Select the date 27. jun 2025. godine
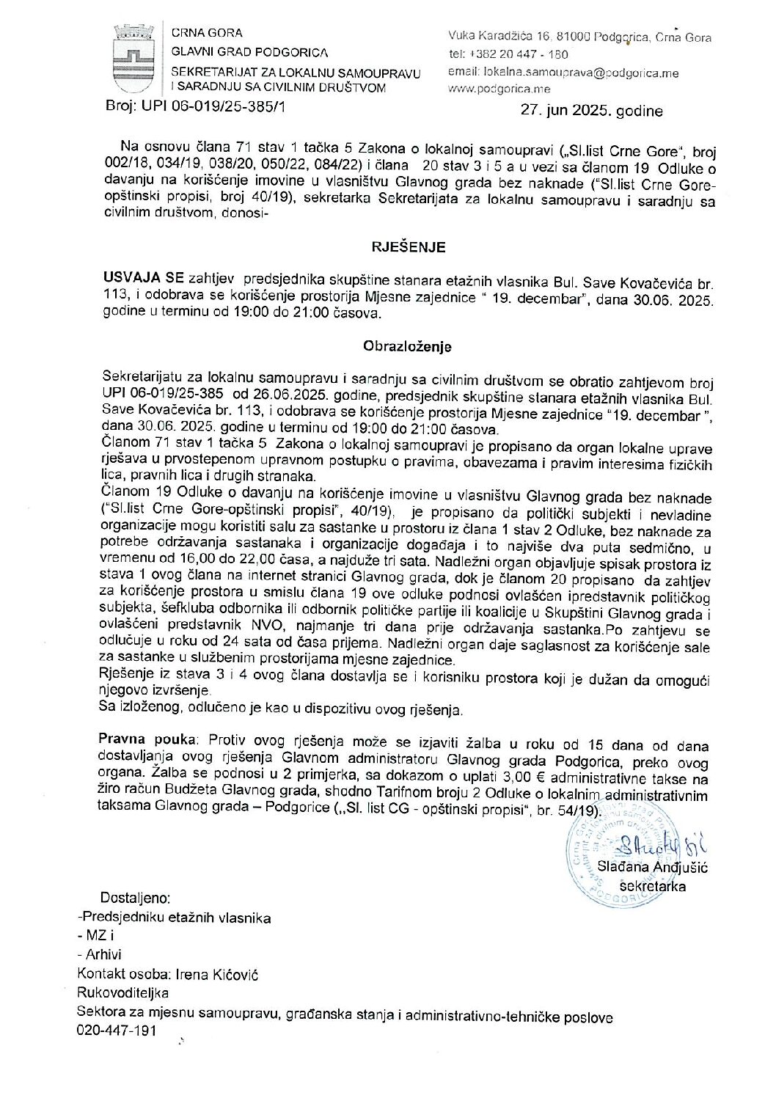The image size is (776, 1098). pyautogui.click(x=591, y=111)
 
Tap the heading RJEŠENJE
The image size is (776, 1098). pyautogui.click(x=409, y=247)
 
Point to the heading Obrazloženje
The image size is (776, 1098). pyautogui.click(x=408, y=346)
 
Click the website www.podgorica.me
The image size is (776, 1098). pyautogui.click(x=499, y=89)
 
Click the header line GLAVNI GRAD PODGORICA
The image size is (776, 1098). pyautogui.click(x=249, y=52)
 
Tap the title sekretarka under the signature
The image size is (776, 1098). pyautogui.click(x=653, y=886)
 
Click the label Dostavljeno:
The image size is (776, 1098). pyautogui.click(x=136, y=898)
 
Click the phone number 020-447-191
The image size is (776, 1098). pyautogui.click(x=117, y=1031)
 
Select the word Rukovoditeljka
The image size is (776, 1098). pyautogui.click(x=122, y=993)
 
